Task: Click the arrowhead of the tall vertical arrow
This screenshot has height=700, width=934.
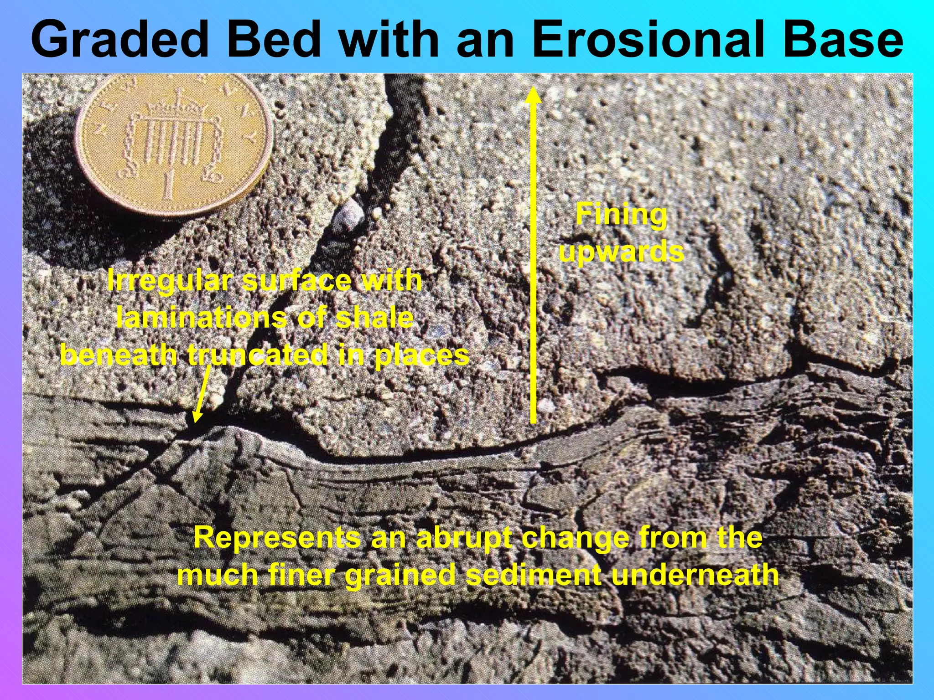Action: point(533,96)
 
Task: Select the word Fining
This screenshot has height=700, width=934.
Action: point(621,214)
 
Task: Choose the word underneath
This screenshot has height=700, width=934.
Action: point(695,575)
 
